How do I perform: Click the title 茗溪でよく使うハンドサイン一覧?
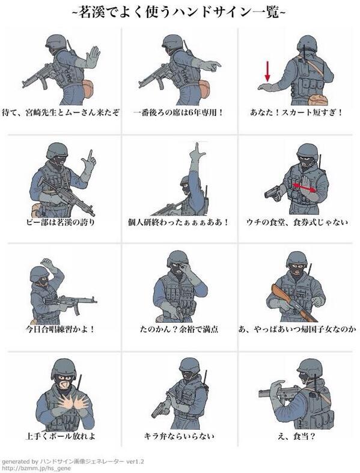[180, 12]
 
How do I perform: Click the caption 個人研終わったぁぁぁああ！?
[180, 221]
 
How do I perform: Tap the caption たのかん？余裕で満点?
[180, 329]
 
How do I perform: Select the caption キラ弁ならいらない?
[180, 436]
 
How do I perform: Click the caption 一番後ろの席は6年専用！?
[180, 112]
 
